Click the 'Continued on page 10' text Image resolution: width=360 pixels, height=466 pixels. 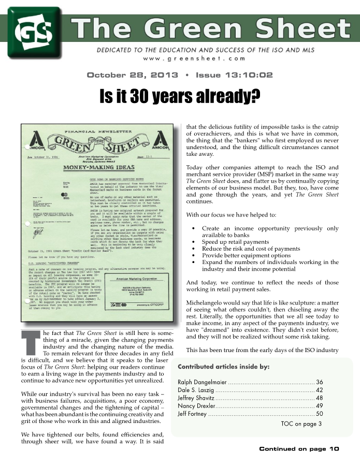(299, 449)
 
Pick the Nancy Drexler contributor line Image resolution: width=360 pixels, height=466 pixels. (192, 405)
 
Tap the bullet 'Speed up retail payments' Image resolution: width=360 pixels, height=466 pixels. (235, 242)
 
